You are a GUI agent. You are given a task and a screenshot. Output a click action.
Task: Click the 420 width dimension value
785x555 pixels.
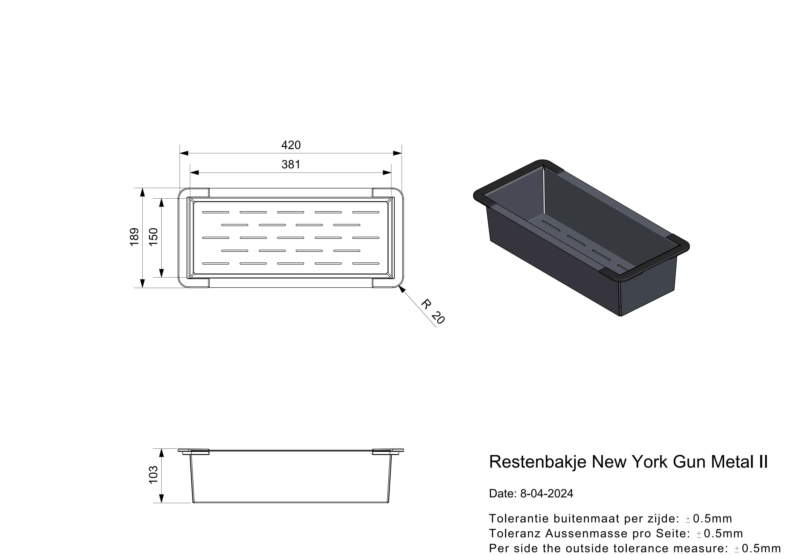(x=291, y=145)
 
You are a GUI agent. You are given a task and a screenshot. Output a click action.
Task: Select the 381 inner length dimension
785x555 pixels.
(x=291, y=164)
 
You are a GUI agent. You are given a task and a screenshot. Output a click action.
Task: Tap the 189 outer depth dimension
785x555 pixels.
(x=134, y=237)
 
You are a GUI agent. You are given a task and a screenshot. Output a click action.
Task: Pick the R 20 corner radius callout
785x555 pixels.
(x=433, y=312)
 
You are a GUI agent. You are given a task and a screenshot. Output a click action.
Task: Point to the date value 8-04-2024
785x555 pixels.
(x=547, y=493)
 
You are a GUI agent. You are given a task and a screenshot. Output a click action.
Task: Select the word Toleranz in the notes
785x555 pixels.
(x=515, y=534)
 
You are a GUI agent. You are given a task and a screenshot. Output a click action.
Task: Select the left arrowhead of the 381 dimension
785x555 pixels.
(x=194, y=173)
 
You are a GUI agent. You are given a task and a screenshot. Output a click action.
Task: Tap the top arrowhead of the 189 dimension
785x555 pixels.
(x=143, y=192)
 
